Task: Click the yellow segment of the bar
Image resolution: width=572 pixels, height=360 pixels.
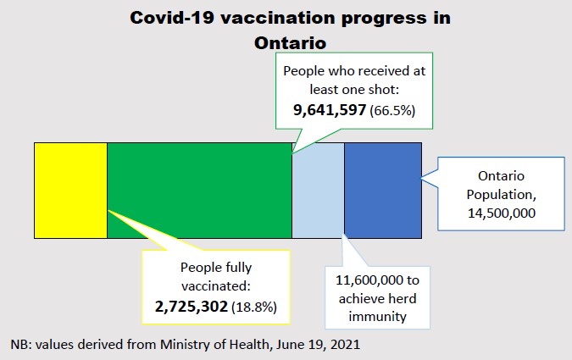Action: (70, 190)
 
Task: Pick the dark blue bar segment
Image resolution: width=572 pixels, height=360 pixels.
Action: (382, 190)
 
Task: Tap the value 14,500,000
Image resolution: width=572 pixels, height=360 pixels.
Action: (501, 213)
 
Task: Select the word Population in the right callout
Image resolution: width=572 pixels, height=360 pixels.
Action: (501, 194)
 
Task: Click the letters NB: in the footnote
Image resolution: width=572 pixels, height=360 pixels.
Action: (22, 345)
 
